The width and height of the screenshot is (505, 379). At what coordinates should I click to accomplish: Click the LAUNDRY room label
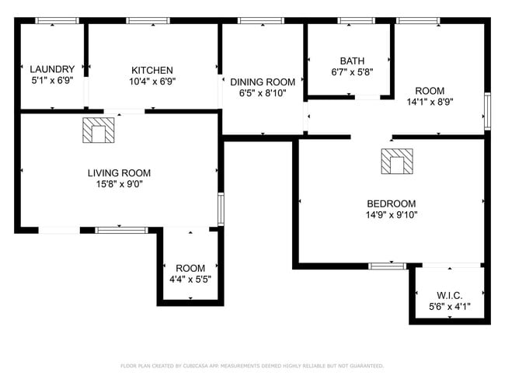(52, 69)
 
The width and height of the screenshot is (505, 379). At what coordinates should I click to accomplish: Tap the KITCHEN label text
(152, 70)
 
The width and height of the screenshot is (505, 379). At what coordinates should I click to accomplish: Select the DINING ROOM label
(263, 82)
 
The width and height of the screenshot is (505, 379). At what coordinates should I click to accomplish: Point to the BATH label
(353, 61)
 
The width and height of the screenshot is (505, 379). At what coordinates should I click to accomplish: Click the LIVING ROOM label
(119, 173)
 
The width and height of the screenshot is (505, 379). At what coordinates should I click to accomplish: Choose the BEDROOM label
(392, 203)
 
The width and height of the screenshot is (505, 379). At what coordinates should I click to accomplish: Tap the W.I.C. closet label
(450, 295)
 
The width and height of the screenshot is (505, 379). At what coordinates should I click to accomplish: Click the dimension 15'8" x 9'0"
(120, 184)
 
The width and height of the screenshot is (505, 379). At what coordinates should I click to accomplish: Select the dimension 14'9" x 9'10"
(392, 215)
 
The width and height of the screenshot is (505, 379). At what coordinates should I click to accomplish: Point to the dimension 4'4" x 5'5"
(190, 279)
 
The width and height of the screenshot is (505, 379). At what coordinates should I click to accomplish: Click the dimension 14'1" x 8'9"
(430, 102)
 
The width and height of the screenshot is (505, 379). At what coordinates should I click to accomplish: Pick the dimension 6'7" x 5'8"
(353, 72)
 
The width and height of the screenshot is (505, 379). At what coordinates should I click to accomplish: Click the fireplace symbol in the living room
(99, 130)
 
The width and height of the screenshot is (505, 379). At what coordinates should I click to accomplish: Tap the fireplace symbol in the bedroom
(397, 162)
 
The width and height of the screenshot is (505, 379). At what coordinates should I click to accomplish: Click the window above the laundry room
(57, 21)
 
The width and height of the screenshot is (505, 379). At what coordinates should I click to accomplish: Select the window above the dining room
(261, 21)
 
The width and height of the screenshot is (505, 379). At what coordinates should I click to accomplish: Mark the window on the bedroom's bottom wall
(388, 266)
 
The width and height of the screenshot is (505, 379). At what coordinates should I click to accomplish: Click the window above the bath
(356, 21)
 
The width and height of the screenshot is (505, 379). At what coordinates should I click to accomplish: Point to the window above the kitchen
(148, 21)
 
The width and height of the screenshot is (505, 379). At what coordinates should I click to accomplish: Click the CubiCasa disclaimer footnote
(252, 366)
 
